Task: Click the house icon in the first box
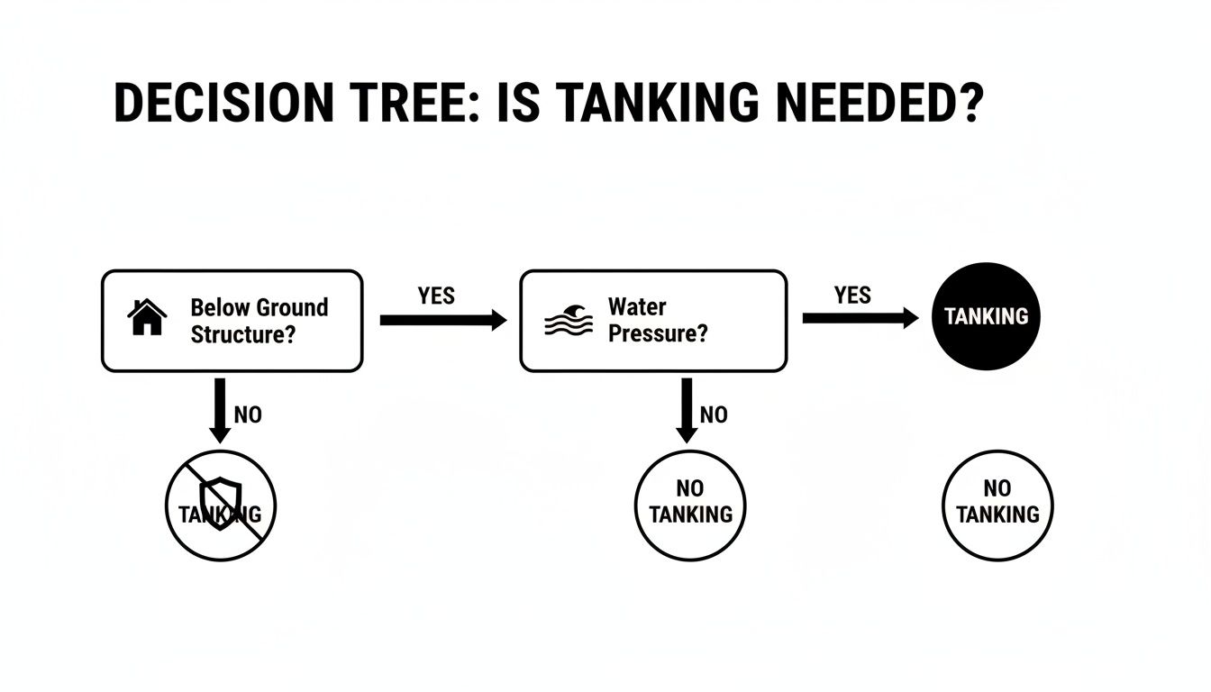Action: click(148, 318)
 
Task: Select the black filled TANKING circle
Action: click(986, 316)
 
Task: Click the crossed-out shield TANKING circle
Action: click(220, 505)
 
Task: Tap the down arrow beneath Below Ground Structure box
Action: click(219, 411)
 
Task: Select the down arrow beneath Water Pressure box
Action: click(687, 411)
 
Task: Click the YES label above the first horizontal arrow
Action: click(436, 296)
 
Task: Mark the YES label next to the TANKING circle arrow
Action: click(852, 296)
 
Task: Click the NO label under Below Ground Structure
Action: click(248, 415)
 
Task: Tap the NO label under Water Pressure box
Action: click(714, 415)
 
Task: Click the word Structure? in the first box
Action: click(233, 334)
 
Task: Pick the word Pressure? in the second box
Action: click(658, 333)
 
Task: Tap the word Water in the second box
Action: click(637, 306)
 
